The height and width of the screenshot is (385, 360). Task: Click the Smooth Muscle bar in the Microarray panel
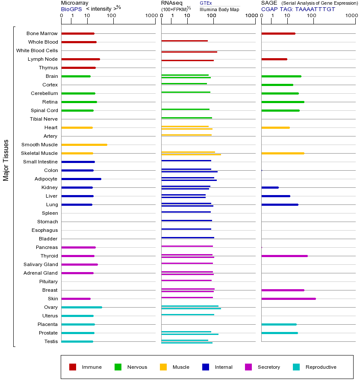pos(84,145)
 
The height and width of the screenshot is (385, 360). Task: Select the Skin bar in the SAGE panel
pos(288,299)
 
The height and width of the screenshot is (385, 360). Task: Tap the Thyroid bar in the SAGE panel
pos(284,256)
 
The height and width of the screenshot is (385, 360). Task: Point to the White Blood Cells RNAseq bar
pos(189,52)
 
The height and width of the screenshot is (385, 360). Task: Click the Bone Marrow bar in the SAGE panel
pos(278,33)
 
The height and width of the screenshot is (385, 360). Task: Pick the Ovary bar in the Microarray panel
pos(82,307)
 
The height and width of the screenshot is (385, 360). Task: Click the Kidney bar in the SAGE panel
pos(270,187)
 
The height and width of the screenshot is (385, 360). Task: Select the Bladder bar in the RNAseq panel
pos(188,237)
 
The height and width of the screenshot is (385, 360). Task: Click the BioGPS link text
pos(71,9)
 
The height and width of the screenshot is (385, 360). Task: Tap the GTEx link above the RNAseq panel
pos(206,3)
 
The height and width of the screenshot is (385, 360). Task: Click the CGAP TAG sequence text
pos(298,9)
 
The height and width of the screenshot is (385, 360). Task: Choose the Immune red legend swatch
pos(73,367)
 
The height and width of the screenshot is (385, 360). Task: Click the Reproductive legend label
pos(321,367)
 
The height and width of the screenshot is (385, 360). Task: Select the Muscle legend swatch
pos(163,367)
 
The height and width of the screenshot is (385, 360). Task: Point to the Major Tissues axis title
pos(6,160)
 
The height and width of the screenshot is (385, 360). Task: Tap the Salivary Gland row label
pos(41,264)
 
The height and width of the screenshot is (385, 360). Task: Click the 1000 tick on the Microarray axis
pos(151,16)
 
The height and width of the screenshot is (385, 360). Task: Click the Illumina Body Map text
pos(219,9)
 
